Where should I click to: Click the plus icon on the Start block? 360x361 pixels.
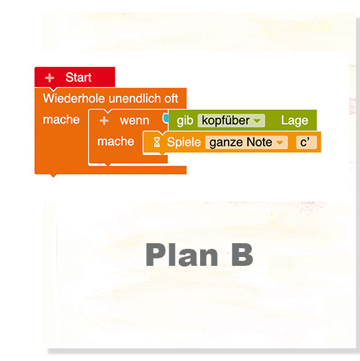tap(50, 78)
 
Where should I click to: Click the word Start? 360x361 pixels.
tap(79, 77)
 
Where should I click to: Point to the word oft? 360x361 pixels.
tap(171, 98)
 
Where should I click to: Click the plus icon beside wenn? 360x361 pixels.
tap(104, 120)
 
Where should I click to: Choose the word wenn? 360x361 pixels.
tap(135, 121)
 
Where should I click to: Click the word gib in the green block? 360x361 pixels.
tap(185, 121)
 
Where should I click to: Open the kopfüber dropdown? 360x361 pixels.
tap(231, 120)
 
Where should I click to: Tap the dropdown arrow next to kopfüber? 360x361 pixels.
tap(257, 121)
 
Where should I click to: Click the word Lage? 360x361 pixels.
tap(295, 120)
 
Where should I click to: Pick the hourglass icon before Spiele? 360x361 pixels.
tap(157, 142)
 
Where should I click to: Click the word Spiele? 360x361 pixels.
tap(184, 142)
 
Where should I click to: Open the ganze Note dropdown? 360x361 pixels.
tap(246, 142)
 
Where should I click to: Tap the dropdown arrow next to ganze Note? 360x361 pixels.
tap(279, 143)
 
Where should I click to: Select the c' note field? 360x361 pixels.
tap(307, 142)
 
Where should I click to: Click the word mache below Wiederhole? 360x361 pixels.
tap(61, 120)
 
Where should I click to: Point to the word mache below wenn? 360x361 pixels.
tap(116, 141)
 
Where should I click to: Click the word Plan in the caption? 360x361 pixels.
tap(182, 255)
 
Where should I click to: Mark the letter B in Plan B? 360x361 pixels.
tap(242, 255)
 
